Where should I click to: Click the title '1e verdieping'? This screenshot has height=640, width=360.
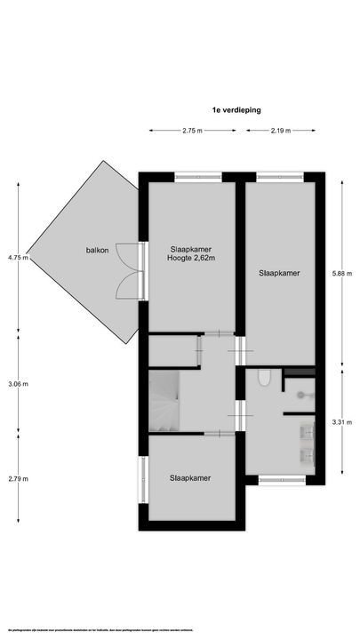pyautogui.click(x=236, y=110)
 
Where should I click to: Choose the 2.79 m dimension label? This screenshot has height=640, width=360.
pyautogui.click(x=18, y=479)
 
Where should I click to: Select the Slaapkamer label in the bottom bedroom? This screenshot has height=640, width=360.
pyautogui.click(x=191, y=478)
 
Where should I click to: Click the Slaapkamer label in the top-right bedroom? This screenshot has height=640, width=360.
pyautogui.click(x=279, y=273)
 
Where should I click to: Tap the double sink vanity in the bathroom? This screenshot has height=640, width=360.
pyautogui.click(x=307, y=444)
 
